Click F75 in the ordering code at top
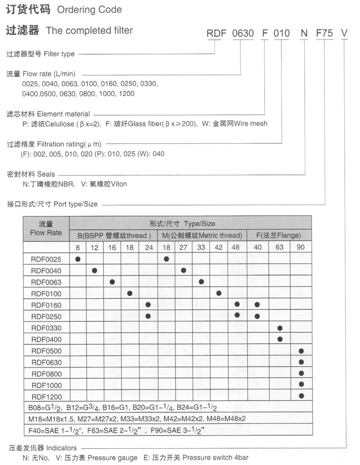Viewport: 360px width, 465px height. tap(324, 33)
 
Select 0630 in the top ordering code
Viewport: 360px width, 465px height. tap(242, 33)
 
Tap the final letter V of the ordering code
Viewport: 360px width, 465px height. tap(344, 33)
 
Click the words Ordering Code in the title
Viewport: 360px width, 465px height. tap(89, 10)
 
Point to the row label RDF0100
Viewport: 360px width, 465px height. tap(46, 294)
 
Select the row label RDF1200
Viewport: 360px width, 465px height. tap(46, 396)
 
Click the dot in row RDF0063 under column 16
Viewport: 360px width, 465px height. tap(112, 282)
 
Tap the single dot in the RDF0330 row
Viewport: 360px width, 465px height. tap(280, 328)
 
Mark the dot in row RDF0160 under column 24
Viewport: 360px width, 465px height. tap(148, 305)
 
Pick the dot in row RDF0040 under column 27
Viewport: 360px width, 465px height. tap(183, 270)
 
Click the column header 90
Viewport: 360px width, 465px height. tap(301, 247)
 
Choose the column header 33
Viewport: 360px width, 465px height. tap(201, 247)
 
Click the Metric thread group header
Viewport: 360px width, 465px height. tap(202, 235)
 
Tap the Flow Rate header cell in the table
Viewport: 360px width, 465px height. tap(46, 229)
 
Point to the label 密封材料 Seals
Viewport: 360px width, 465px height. tap(31, 174)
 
